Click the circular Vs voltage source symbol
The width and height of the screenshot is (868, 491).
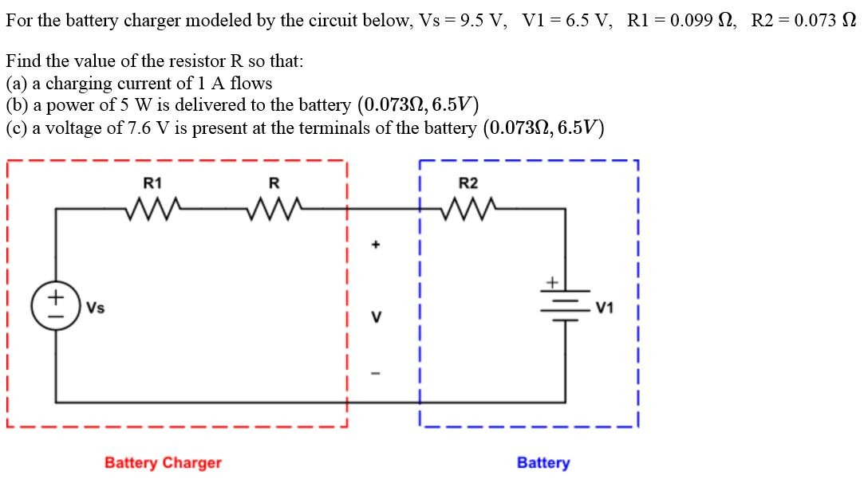tap(56, 307)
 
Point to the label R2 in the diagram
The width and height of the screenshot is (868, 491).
tap(468, 183)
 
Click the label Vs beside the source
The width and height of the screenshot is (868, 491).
tap(95, 308)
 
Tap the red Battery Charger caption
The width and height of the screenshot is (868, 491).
tap(163, 462)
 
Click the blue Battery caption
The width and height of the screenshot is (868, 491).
tap(543, 462)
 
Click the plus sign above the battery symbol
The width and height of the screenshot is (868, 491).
tap(550, 281)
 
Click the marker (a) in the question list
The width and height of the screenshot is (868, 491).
tap(16, 83)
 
